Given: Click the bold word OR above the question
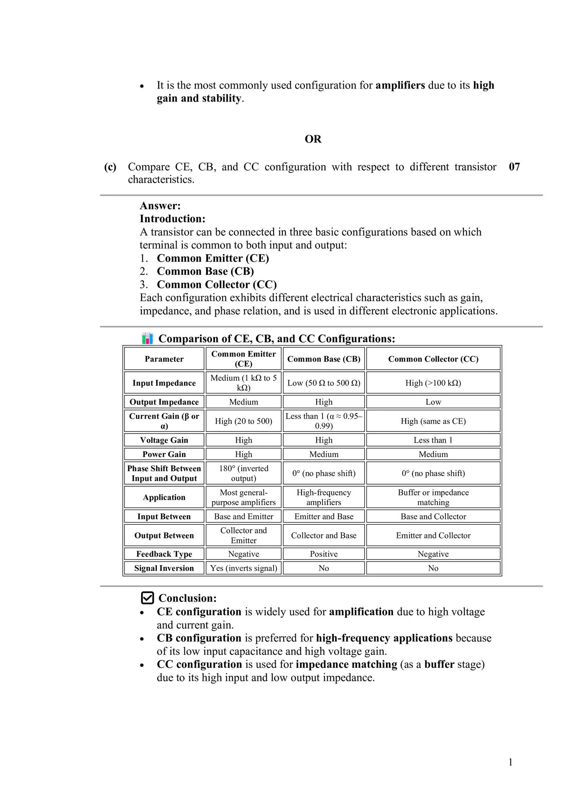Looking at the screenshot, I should pos(313,139).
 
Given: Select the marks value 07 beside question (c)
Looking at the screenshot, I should pos(514,167).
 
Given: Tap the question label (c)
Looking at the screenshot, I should pos(110,167).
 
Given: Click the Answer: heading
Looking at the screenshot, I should pos(160,206).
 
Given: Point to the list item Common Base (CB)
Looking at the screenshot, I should pos(205,272).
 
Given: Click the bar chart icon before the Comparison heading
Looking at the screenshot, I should pos(147,338).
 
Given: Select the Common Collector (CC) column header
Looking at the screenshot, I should pos(433,359).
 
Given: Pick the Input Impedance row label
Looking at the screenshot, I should pos(164,383).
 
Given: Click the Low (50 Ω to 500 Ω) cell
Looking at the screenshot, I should pos(324,383).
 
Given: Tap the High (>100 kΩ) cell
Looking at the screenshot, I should pos(433,383).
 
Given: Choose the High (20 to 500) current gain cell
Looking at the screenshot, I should pos(243,421).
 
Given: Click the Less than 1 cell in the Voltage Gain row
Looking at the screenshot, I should pos(433,440).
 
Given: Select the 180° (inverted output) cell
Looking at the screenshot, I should pos(243,473).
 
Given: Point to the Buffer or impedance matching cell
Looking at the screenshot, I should pos(433,497).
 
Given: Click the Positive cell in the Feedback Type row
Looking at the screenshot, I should pos(324,554).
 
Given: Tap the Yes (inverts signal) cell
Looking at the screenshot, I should pos(243,568).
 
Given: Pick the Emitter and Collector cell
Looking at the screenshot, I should pos(433,536).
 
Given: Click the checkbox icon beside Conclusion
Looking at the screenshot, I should pos(147,598).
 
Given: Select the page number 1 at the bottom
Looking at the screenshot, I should pos(510,762).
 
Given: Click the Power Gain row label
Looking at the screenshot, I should pos(164,454).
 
